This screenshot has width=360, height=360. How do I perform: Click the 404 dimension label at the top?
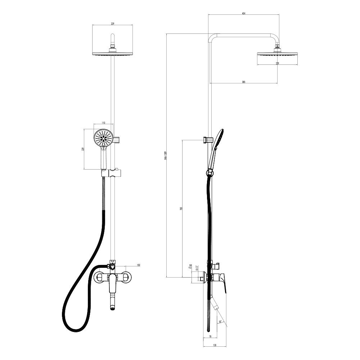click(x=244, y=13)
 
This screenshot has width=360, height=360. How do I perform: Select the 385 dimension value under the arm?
click(x=244, y=82)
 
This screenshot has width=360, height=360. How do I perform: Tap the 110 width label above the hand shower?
click(x=104, y=123)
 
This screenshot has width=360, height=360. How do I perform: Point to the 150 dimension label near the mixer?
click(x=138, y=265)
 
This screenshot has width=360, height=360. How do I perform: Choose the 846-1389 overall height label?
click(x=165, y=155)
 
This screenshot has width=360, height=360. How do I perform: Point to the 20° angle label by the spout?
click(x=220, y=322)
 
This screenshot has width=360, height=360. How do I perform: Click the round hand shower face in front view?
click(x=103, y=138)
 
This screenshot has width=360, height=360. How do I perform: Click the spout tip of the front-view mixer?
click(x=112, y=307)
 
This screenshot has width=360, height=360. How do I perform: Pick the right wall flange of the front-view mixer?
click(x=126, y=277)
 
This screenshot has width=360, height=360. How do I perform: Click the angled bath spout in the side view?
click(x=215, y=306)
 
